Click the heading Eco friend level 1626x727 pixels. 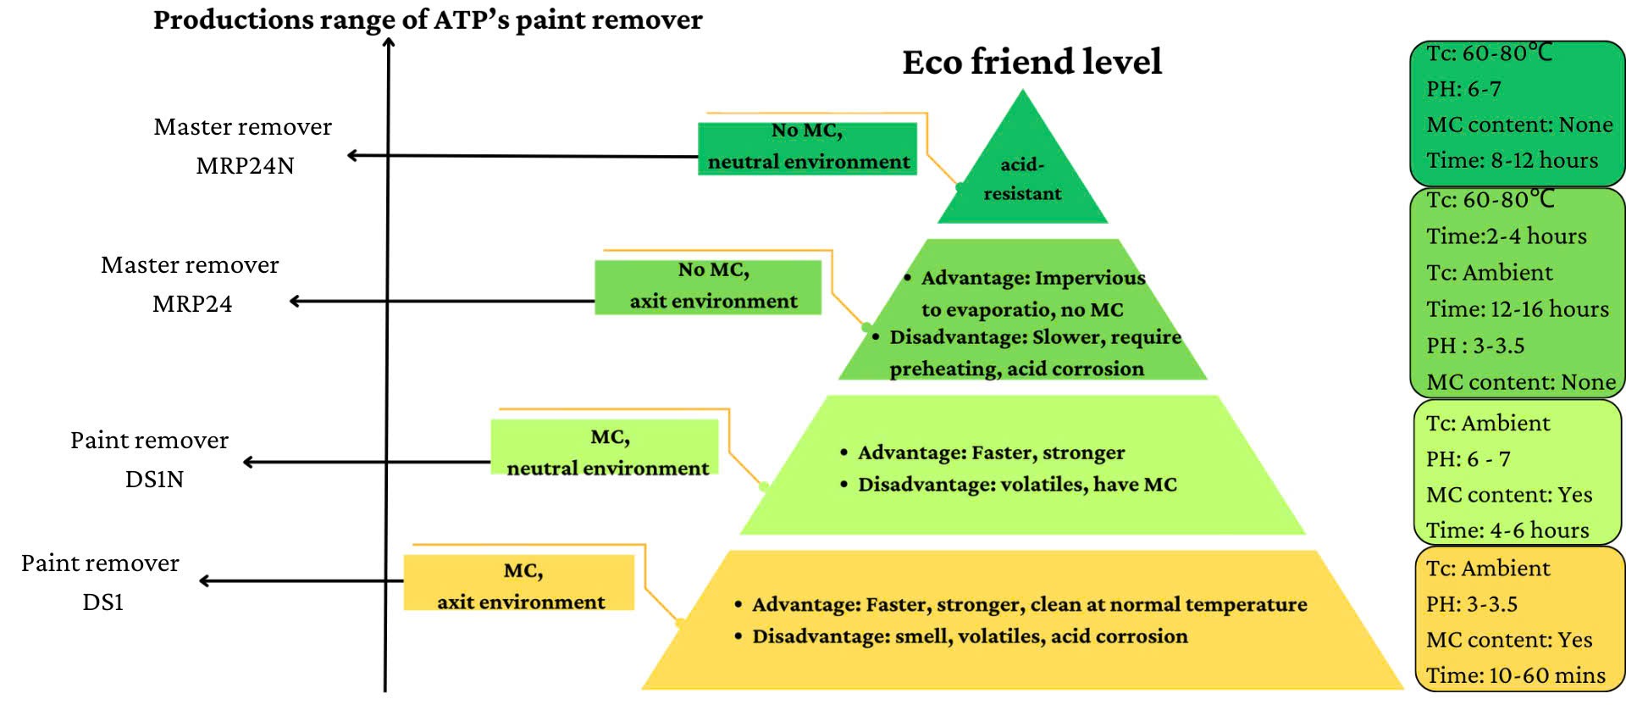click(1031, 62)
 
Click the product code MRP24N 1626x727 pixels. click(245, 165)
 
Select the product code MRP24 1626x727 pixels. click(192, 303)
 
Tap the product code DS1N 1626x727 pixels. click(154, 479)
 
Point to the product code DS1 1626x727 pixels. click(103, 602)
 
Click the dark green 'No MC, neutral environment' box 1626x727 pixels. click(807, 147)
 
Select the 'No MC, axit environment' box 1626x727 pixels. click(708, 286)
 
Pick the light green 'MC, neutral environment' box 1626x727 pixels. click(605, 447)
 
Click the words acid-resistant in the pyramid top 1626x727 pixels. click(1022, 179)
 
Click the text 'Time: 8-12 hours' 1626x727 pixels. click(1512, 160)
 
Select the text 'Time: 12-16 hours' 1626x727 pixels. click(1517, 309)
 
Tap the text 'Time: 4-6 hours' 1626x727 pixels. click(1507, 530)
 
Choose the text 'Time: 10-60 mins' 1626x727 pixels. click(1515, 675)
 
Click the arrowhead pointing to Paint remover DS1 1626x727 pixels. click(204, 580)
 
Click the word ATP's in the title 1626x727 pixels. click(471, 19)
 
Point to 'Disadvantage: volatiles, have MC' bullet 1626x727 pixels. click(1016, 485)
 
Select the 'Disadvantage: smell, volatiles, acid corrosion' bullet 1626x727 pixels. click(970, 636)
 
